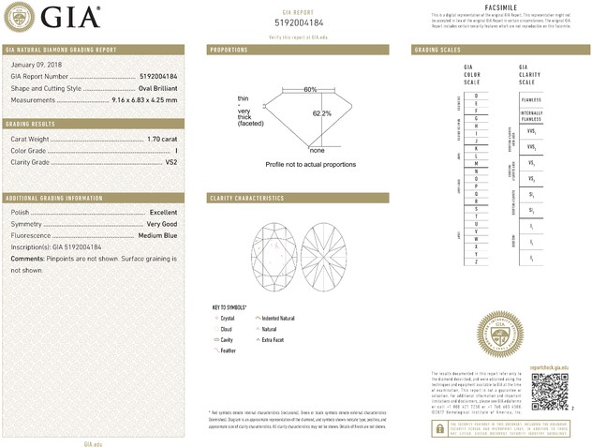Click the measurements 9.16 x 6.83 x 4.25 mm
click(x=144, y=99)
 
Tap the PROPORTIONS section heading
click(x=229, y=49)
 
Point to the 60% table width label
click(x=310, y=89)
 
